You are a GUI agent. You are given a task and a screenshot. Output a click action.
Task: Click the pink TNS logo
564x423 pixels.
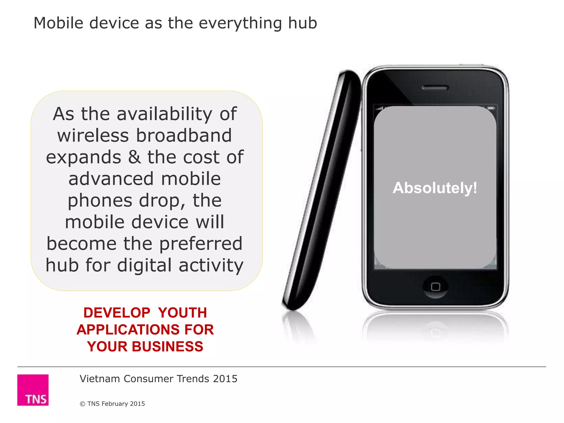[x=33, y=390]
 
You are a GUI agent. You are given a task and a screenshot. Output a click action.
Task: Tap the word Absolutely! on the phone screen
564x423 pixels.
[x=435, y=188]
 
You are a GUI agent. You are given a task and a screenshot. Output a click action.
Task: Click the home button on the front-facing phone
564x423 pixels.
[x=435, y=287]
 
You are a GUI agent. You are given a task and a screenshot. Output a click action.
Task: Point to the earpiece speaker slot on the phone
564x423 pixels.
[x=435, y=88]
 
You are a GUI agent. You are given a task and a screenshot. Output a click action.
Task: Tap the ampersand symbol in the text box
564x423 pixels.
[x=134, y=157]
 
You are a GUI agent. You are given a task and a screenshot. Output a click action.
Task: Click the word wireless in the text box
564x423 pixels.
[x=93, y=136]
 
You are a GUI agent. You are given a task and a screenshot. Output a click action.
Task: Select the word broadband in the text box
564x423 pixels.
[x=184, y=136]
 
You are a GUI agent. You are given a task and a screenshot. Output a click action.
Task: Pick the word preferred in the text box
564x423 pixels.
[x=201, y=244]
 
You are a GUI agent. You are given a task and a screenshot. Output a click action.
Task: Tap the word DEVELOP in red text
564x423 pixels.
[x=117, y=313]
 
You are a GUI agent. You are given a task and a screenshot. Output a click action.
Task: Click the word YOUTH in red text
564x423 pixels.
[x=182, y=313]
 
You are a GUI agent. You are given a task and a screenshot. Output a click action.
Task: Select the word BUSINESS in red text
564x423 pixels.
[x=167, y=346]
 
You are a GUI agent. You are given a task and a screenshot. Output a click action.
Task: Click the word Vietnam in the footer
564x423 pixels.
[x=100, y=379]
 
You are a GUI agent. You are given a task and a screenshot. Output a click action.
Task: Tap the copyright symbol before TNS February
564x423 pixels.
[x=82, y=404]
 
